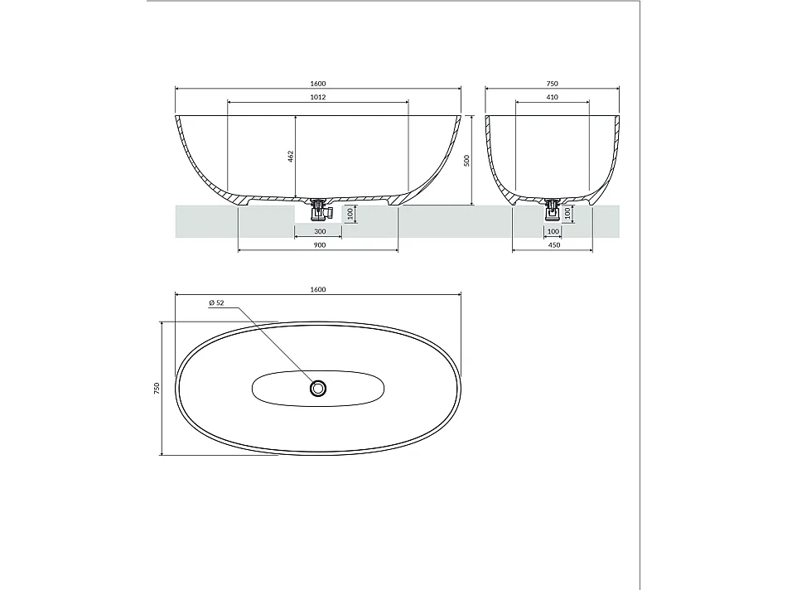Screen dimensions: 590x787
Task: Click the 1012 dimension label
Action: (x=318, y=97)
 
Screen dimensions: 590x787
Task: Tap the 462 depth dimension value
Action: (x=292, y=156)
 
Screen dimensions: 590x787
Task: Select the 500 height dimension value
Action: (x=467, y=160)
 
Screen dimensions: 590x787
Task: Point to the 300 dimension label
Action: (x=319, y=232)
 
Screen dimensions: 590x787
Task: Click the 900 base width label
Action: (x=319, y=245)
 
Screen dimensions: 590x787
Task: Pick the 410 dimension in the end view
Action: (x=553, y=97)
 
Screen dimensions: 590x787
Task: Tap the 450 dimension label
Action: (x=553, y=245)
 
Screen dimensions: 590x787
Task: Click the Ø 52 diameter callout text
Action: (x=216, y=303)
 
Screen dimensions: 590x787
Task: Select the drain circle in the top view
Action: (x=319, y=388)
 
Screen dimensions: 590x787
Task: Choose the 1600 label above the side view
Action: (x=319, y=83)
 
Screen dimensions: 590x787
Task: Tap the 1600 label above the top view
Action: (x=319, y=289)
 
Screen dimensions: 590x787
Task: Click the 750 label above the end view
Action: (x=553, y=83)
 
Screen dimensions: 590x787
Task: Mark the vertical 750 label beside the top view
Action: (x=156, y=388)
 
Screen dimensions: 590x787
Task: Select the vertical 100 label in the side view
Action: (x=350, y=214)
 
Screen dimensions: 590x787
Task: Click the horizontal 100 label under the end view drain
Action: (x=553, y=232)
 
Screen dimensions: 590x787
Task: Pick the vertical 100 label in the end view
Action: (x=568, y=214)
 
